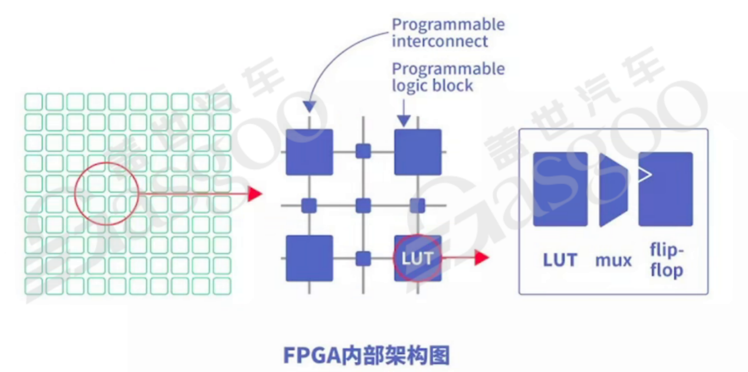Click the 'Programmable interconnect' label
(x=448, y=33)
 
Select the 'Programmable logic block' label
(x=448, y=77)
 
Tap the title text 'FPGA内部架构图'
(x=366, y=355)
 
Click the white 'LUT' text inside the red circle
(x=417, y=258)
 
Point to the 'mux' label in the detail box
(x=614, y=259)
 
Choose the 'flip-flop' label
(x=666, y=261)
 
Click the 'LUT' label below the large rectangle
(x=560, y=259)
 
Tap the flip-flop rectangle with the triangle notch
(x=665, y=189)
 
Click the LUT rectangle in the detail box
(x=560, y=189)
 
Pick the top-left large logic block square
(x=309, y=152)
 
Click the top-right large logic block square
(x=418, y=152)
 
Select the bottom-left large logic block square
(x=309, y=258)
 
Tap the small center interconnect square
(x=363, y=205)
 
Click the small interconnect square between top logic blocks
(x=363, y=152)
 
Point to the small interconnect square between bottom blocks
(x=363, y=258)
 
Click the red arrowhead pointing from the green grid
(x=255, y=193)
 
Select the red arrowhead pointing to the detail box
(x=482, y=258)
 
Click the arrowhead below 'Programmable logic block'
(x=403, y=120)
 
